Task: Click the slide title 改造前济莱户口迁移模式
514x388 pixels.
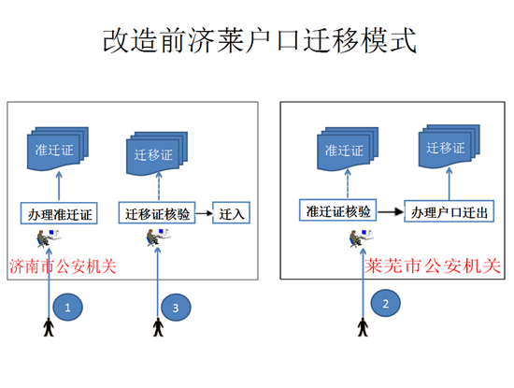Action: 257,41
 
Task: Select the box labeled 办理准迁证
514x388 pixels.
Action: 60,214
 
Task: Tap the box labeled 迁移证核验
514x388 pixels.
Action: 157,214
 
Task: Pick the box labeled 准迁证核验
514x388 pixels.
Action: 337,212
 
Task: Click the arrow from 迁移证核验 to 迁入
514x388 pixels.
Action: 203,214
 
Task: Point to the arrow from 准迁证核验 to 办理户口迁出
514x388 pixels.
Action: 391,212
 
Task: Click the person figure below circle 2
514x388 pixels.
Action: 361,326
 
